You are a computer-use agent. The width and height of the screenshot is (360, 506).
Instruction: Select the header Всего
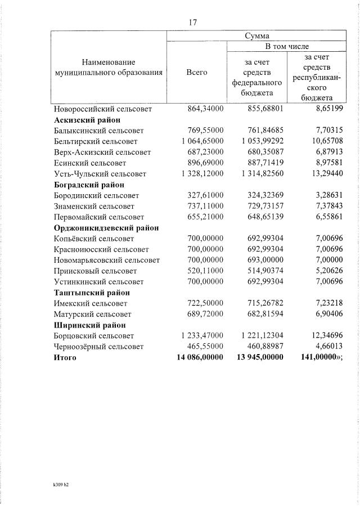(197, 72)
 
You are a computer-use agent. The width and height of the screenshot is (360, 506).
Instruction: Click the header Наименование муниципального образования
(109, 67)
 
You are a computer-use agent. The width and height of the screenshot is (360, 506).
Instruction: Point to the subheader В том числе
(287, 46)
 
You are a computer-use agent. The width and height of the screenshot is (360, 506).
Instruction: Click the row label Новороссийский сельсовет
(103, 109)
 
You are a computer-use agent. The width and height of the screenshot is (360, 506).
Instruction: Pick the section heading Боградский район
(89, 185)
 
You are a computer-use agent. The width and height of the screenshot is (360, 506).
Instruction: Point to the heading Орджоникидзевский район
(106, 228)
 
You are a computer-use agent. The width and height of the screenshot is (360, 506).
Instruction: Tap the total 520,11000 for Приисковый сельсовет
(205, 271)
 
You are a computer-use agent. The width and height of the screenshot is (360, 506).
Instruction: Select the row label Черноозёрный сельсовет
(99, 347)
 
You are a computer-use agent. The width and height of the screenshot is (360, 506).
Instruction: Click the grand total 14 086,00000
(200, 357)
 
